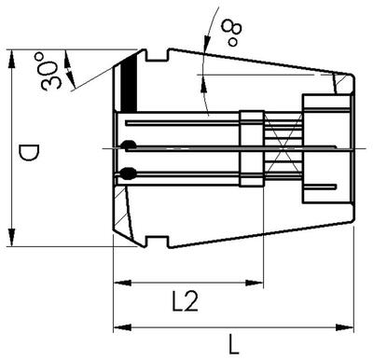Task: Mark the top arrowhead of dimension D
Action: [12, 54]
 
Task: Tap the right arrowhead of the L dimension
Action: [353, 326]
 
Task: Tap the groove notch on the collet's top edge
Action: [158, 58]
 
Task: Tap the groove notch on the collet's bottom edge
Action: [158, 242]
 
